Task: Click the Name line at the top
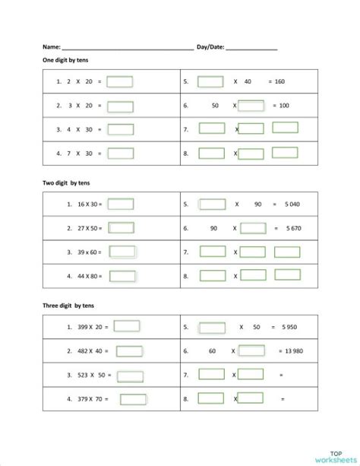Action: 128,48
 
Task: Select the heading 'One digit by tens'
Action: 66,59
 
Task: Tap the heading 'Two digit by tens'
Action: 67,182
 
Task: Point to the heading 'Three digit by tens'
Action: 68,306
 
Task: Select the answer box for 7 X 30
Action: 120,154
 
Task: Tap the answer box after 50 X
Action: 251,106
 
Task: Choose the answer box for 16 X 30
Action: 121,204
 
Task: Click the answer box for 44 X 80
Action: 122,276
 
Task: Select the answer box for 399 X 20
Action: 127,327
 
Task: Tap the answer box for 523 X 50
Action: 130,376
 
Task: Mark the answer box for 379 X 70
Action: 133,399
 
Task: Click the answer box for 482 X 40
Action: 126,351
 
